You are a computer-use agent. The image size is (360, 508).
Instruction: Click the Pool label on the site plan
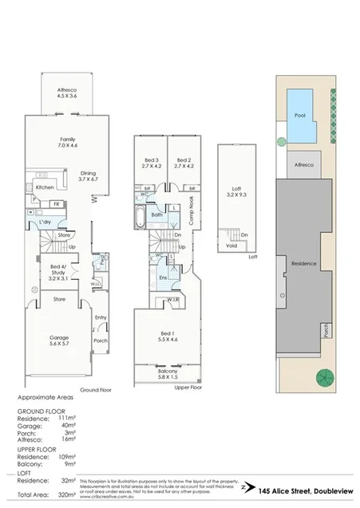(299, 115)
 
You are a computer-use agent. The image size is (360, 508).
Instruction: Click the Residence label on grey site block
(303, 263)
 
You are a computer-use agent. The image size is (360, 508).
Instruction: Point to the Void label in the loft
(231, 246)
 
